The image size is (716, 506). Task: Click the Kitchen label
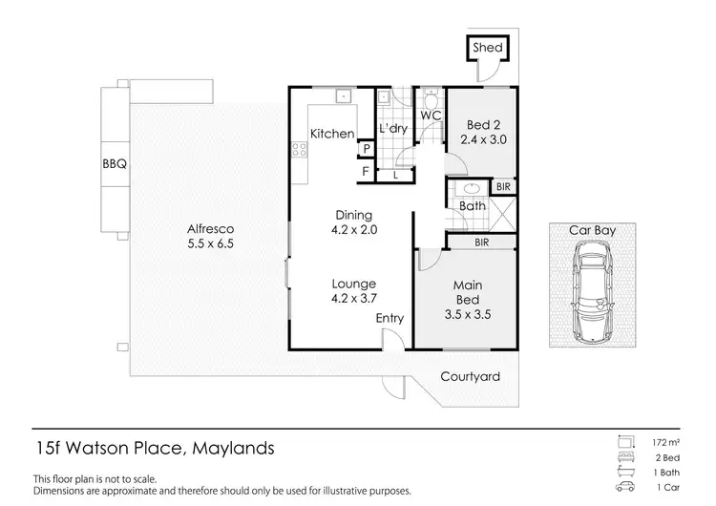(332, 134)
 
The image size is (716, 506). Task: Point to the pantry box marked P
(366, 150)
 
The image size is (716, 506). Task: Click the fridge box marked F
(366, 172)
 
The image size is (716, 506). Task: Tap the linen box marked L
(396, 174)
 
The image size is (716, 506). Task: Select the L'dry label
(393, 129)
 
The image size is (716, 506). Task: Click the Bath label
(473, 205)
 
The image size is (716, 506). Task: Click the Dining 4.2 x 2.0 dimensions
(352, 229)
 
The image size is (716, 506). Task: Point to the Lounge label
(353, 284)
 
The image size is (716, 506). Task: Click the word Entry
(389, 319)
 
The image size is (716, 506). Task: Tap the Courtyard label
(470, 376)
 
